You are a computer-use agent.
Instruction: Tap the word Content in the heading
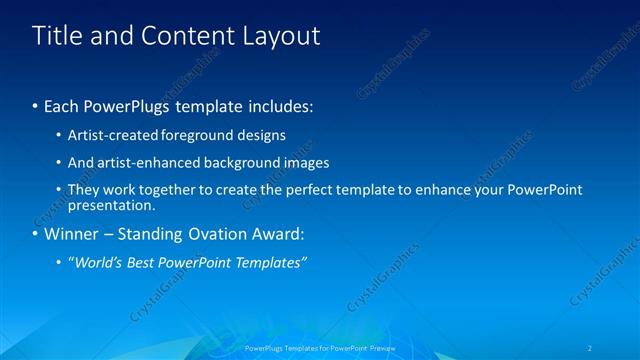[185, 36]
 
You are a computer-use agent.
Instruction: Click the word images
[302, 162]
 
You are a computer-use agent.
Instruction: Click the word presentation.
[110, 206]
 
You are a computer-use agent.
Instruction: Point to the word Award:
[278, 235]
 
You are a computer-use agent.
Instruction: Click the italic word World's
[95, 262]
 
